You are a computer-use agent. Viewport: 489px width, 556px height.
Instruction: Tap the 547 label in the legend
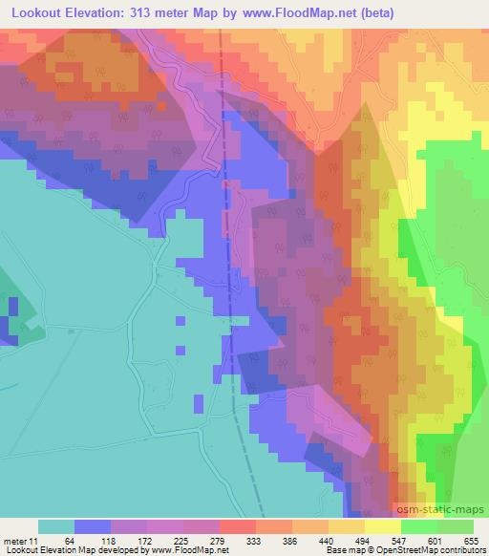pyautogui.click(x=400, y=540)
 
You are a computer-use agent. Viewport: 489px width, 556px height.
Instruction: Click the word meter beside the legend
pyautogui.click(x=14, y=540)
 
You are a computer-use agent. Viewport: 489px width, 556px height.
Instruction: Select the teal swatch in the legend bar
pyautogui.click(x=55, y=526)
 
